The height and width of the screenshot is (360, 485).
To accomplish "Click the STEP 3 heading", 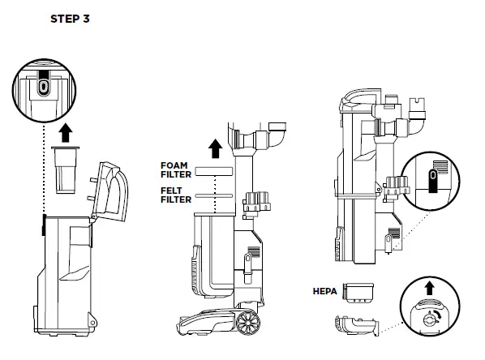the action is pyautogui.click(x=70, y=19).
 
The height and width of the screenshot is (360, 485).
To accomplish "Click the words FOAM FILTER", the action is pyautogui.click(x=176, y=169).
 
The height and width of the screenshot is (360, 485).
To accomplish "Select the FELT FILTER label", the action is pyautogui.click(x=176, y=195).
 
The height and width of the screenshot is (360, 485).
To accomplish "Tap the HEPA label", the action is pyautogui.click(x=324, y=291).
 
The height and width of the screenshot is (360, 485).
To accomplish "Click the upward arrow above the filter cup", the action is pyautogui.click(x=66, y=133).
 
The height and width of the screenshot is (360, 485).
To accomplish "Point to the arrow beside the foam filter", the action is pyautogui.click(x=215, y=148).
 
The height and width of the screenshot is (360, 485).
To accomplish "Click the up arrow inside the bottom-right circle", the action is pyautogui.click(x=429, y=289).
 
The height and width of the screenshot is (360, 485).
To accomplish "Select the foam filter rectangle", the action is pyautogui.click(x=213, y=171).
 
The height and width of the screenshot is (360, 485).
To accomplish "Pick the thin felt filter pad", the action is pyautogui.click(x=213, y=195).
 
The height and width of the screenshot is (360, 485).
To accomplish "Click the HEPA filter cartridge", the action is pyautogui.click(x=358, y=293).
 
